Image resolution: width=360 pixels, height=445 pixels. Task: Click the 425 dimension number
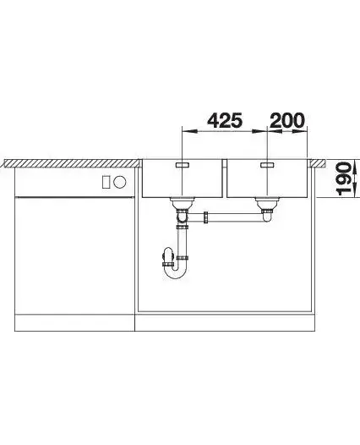tap(225, 120)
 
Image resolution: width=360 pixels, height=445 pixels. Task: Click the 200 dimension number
tap(287, 120)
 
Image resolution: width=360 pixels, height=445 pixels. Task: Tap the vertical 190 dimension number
tap(343, 179)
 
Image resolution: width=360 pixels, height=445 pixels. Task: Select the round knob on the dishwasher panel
tap(119, 182)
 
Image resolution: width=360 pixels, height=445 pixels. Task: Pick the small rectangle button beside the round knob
tap(106, 182)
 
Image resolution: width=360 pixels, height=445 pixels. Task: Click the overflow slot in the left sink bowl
tap(183, 165)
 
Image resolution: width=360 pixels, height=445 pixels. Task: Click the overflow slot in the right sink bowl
tap(267, 165)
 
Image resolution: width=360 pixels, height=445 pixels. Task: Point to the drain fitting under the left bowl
tap(182, 203)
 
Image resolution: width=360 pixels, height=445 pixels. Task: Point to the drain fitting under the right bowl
tap(267, 203)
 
